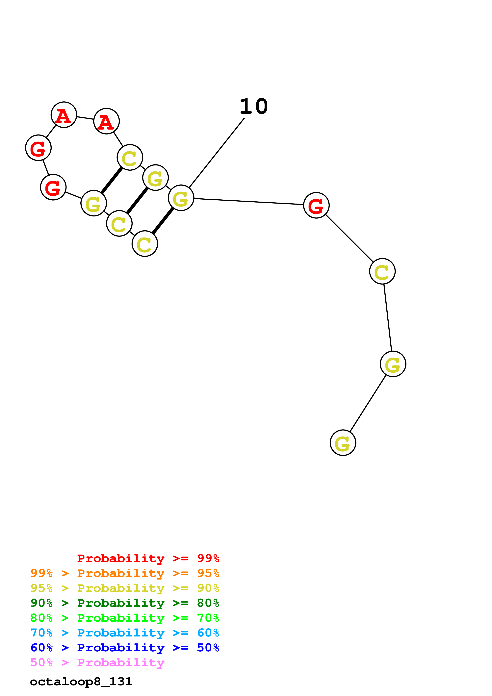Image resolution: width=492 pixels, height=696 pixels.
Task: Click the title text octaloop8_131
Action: pyautogui.click(x=81, y=682)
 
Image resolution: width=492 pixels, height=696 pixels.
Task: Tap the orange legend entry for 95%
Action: pyautogui.click(x=125, y=573)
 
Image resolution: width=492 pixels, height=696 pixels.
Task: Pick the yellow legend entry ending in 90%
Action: pyautogui.click(x=125, y=588)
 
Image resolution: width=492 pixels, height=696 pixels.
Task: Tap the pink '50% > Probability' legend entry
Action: pyautogui.click(x=97, y=662)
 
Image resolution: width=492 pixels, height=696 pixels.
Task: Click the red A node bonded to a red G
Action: pyautogui.click(x=64, y=115)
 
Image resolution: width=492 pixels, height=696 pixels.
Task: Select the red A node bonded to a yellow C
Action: pyautogui.click(x=106, y=121)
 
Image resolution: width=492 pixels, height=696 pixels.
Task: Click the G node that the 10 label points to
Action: pyautogui.click(x=181, y=198)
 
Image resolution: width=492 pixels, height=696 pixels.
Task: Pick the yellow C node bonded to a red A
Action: pyautogui.click(x=130, y=157)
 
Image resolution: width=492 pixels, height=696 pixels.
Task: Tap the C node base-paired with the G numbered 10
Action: pyautogui.click(x=145, y=243)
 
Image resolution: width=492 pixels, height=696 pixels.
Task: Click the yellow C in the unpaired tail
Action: pyautogui.click(x=382, y=271)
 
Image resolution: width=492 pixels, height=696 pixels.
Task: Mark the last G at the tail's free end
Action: pyautogui.click(x=343, y=443)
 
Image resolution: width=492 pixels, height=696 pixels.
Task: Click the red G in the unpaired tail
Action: pyautogui.click(x=316, y=205)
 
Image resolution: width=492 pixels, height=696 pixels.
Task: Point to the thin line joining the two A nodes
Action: pyautogui.click(x=85, y=118)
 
